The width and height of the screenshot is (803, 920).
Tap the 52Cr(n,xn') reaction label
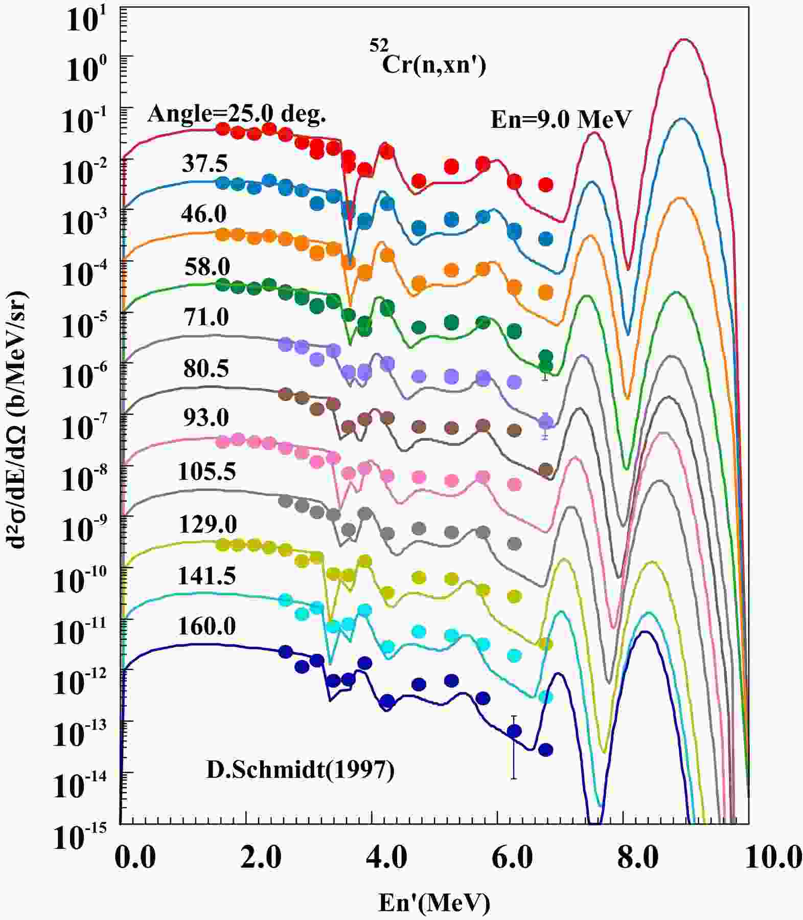tap(427, 63)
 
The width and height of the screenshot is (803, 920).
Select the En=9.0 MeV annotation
tap(561, 120)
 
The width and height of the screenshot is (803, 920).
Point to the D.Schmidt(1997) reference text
tap(301, 770)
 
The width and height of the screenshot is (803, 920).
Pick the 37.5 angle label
tap(204, 164)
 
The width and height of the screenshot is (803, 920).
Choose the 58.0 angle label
tap(207, 266)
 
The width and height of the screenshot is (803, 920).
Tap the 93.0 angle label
tap(206, 418)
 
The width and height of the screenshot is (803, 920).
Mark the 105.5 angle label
tap(207, 471)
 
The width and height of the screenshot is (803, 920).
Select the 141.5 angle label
tap(207, 576)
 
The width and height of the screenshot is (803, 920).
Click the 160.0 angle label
tap(207, 626)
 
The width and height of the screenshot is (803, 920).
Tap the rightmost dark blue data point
tap(546, 750)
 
